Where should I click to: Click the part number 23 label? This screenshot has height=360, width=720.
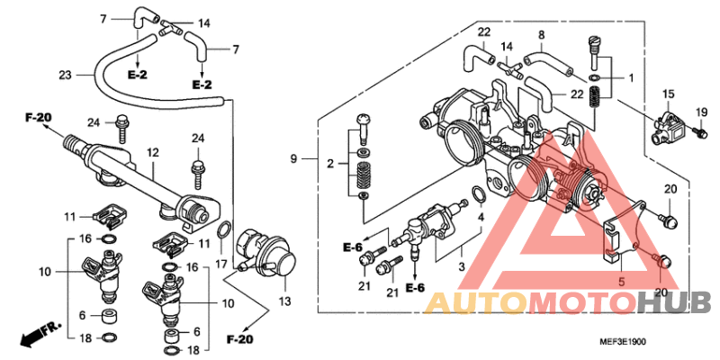[65, 75]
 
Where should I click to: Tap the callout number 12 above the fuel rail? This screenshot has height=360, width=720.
[152, 152]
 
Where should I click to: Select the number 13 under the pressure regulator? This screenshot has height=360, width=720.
[285, 301]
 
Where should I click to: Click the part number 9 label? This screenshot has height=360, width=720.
[293, 159]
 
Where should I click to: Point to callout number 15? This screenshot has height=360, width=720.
[668, 94]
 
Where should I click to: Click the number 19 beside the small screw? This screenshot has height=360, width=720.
[701, 112]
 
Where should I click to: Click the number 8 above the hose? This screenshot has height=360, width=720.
[542, 34]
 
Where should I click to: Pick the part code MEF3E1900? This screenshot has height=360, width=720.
[623, 342]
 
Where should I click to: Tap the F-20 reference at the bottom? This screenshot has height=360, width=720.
[239, 340]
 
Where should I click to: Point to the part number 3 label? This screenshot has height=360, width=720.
[462, 266]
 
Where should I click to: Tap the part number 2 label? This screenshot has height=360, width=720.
[329, 164]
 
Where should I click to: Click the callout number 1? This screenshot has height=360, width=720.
[631, 78]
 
